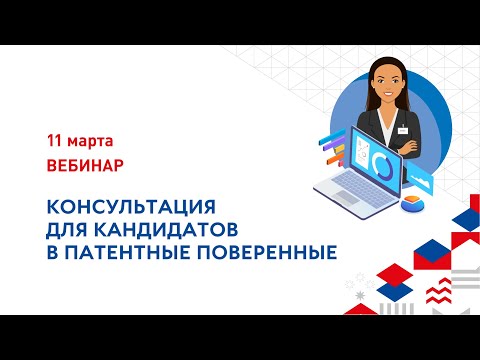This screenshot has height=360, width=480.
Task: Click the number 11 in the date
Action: [x=55, y=136]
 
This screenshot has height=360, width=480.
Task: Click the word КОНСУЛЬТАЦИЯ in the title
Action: [x=132, y=207]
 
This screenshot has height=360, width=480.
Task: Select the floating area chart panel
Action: [x=421, y=183]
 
